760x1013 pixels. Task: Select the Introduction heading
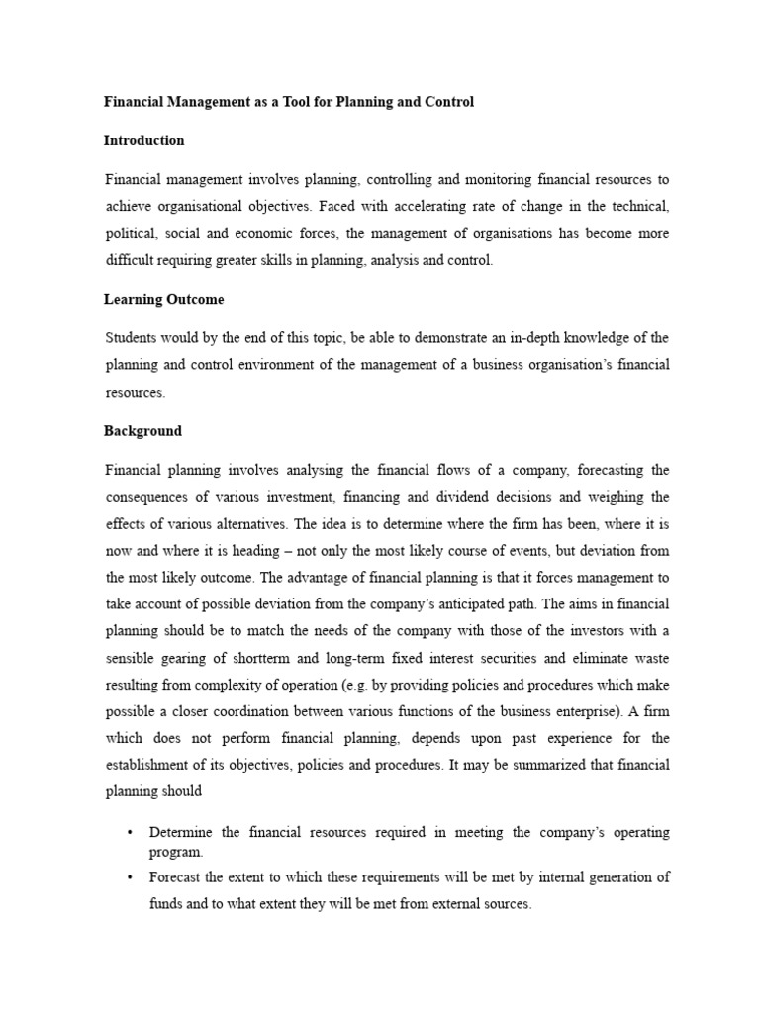point(144,140)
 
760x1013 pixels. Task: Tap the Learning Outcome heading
point(164,299)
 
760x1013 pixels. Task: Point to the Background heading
point(143,431)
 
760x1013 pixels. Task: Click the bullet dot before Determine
point(131,833)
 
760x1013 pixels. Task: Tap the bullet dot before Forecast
point(131,876)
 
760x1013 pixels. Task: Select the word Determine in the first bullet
point(183,833)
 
